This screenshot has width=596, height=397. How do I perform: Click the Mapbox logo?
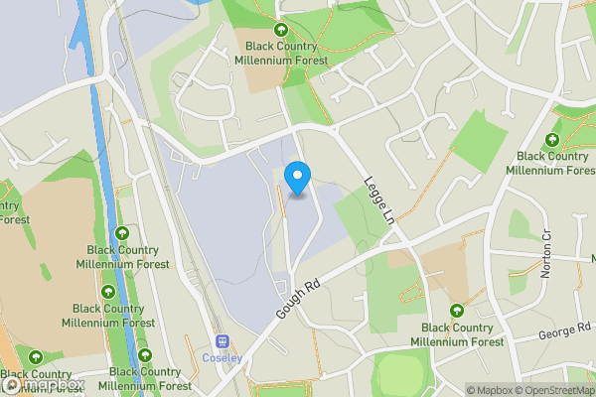click(x=44, y=384)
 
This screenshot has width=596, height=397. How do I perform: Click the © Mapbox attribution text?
click(x=487, y=390)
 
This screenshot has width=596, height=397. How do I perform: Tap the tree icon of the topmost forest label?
click(x=280, y=31)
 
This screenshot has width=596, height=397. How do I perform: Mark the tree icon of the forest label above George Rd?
click(x=457, y=312)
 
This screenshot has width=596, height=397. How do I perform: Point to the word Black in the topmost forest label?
click(x=253, y=46)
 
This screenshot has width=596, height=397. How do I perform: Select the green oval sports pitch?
click(x=403, y=374)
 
